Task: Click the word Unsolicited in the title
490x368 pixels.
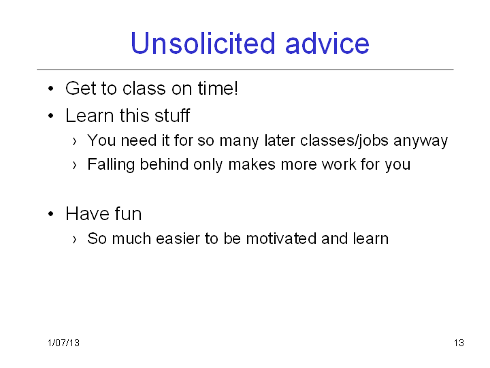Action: (203, 43)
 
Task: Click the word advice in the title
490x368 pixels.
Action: (327, 43)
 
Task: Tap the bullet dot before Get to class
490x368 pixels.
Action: (51, 89)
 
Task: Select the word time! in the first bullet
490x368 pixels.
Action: (218, 88)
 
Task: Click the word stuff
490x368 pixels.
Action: (172, 115)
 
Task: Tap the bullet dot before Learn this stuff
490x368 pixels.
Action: (51, 116)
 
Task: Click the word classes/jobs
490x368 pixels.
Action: (344, 140)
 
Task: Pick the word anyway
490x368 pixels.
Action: (421, 141)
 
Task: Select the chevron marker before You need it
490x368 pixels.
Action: (74, 142)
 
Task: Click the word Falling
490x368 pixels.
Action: (111, 165)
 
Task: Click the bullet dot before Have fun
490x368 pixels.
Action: (51, 215)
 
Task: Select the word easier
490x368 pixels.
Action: (178, 239)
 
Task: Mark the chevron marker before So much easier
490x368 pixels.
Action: (74, 240)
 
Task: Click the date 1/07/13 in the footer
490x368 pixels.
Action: (64, 343)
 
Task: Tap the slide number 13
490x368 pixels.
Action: (459, 343)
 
